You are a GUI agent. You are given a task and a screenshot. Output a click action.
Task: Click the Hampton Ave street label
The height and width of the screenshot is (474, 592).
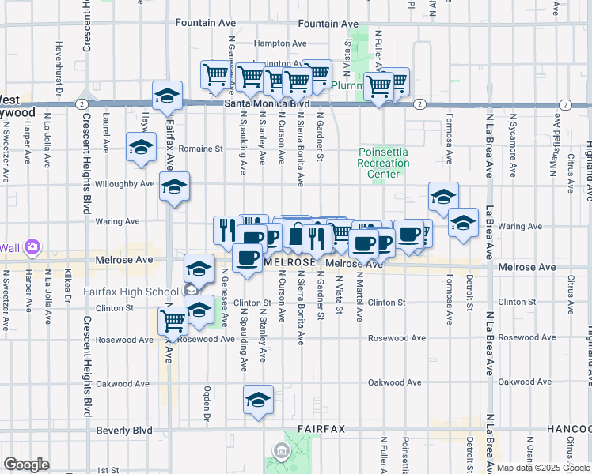(x=279, y=43)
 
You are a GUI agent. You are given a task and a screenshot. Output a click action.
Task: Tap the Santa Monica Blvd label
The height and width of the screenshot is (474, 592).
(x=267, y=103)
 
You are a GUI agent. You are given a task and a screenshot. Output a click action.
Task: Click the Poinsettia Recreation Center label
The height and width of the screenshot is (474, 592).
(x=384, y=163)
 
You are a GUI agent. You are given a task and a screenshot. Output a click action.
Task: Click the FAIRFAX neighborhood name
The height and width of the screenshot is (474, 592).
(x=321, y=429)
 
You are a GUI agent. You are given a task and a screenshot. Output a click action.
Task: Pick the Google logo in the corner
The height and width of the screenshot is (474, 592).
(x=26, y=464)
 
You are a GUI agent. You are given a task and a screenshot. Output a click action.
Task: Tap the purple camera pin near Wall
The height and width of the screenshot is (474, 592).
(x=32, y=247)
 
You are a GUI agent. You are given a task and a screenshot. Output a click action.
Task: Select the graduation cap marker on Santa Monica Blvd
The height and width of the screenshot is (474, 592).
(x=167, y=96)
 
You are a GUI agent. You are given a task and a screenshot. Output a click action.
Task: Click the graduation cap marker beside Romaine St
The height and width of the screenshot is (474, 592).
(x=141, y=148)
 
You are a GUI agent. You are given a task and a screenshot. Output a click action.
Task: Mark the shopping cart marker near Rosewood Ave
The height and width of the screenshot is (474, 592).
(x=173, y=321)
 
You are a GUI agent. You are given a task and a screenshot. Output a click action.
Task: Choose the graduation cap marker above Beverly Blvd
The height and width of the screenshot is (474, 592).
(x=258, y=401)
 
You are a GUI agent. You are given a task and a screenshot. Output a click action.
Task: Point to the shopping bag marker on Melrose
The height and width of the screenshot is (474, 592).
(x=296, y=235)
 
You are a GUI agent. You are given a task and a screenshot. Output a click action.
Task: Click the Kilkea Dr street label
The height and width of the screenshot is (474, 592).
(x=68, y=291)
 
